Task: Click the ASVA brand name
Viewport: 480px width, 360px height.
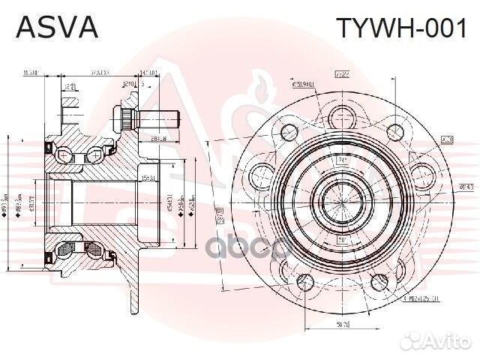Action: point(57,28)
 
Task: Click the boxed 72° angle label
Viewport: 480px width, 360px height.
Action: point(343,74)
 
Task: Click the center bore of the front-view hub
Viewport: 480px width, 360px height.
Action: point(342,199)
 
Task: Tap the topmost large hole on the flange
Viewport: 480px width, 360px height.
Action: point(343,113)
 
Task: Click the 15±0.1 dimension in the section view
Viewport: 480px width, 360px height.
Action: point(147,177)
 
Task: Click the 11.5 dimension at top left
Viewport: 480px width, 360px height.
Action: point(31,73)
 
